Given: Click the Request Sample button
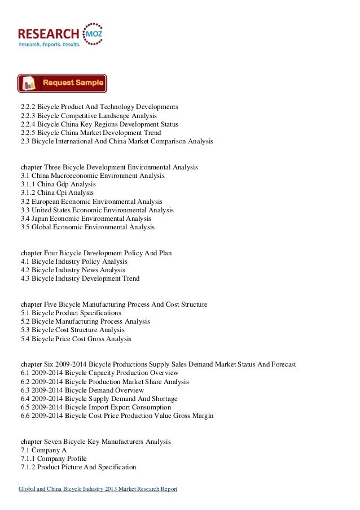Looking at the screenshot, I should pyautogui.click(x=62, y=83).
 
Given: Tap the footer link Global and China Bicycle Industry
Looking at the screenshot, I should pyautogui.click(x=98, y=489).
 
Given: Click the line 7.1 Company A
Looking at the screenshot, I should pyautogui.click(x=43, y=450).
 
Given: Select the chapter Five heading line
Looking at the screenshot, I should pyautogui.click(x=113, y=304).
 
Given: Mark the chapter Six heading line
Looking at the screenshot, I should pyautogui.click(x=158, y=365).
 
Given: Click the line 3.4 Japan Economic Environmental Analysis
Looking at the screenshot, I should pyautogui.click(x=86, y=219).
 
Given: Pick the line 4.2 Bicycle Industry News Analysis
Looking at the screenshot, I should pyautogui.click(x=72, y=270).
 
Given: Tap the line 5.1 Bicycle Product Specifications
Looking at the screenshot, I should pyautogui.click(x=71, y=313).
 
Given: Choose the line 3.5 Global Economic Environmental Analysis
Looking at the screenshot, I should pyautogui.click(x=87, y=227).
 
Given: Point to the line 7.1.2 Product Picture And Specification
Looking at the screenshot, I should pyautogui.click(x=78, y=467).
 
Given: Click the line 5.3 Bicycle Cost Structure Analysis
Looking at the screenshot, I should pyautogui.click(x=72, y=330).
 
